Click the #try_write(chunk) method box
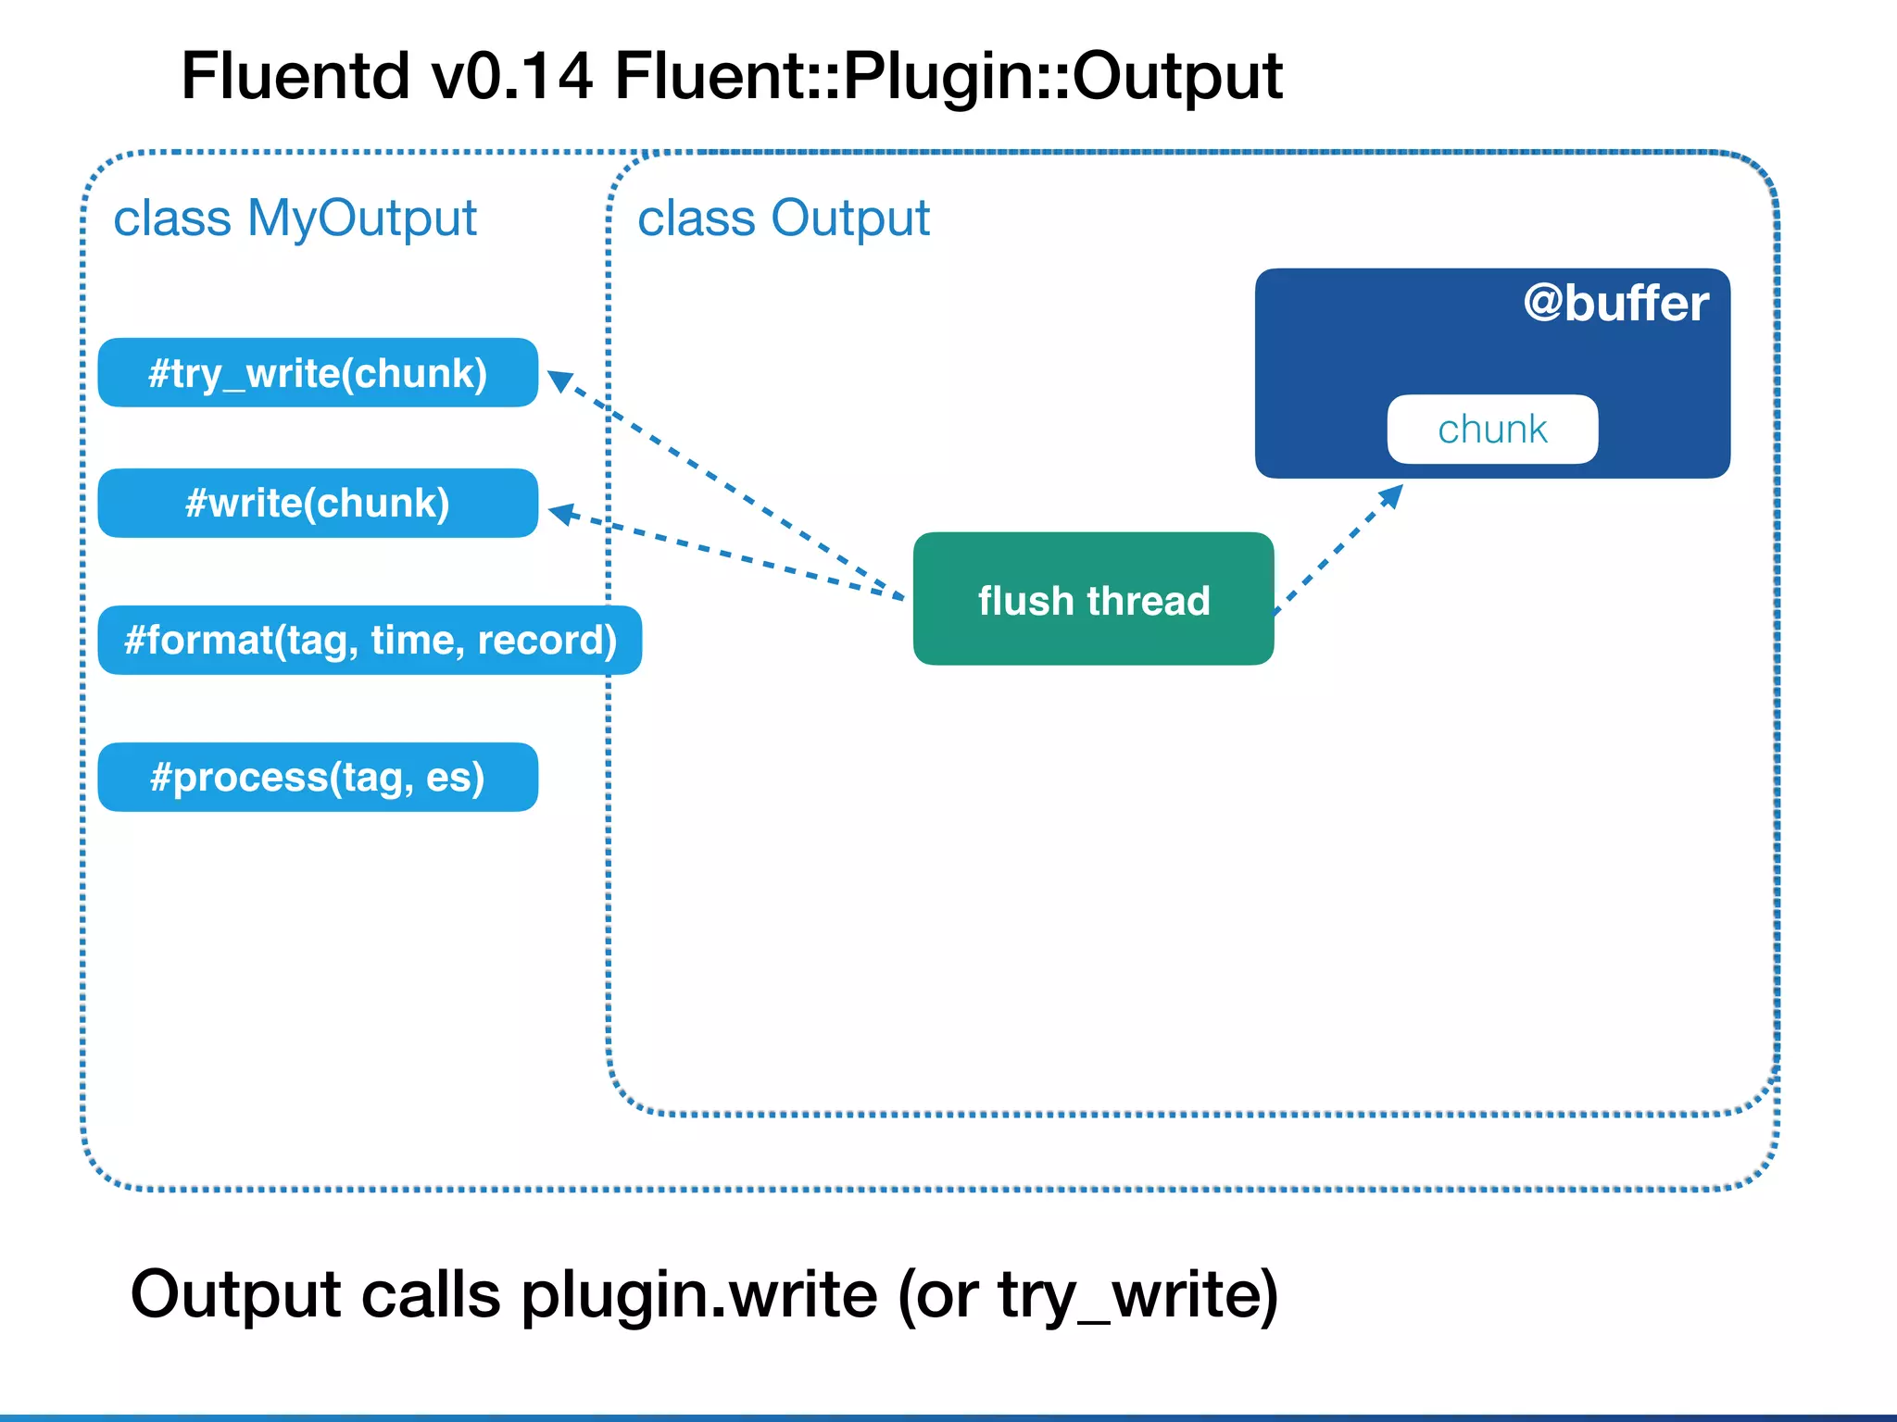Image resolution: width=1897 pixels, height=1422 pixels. [318, 373]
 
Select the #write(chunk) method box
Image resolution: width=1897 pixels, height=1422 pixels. [318, 504]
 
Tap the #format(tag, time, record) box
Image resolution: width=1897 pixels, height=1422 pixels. [370, 641]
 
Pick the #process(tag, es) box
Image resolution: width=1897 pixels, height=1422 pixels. [318, 778]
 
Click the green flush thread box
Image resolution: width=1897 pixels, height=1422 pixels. [1093, 599]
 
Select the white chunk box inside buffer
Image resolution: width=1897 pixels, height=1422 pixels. [1492, 430]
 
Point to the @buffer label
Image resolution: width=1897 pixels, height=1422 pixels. [1615, 304]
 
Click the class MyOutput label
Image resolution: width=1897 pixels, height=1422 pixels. [295, 218]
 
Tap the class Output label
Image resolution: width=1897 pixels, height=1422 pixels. [784, 218]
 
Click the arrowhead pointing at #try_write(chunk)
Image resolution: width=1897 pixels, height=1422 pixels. [561, 380]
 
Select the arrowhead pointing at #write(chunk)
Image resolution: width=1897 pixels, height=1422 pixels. [563, 513]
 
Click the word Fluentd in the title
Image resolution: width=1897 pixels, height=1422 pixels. [295, 76]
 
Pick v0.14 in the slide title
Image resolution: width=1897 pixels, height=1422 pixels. [511, 76]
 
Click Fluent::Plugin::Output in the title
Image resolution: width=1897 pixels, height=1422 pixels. [948, 76]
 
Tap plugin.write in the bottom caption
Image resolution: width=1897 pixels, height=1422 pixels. [699, 1294]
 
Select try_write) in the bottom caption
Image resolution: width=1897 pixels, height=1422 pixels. [1137, 1294]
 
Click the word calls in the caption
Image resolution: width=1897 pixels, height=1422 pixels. [431, 1294]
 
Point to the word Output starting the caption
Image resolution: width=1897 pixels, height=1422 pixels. [236, 1294]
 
